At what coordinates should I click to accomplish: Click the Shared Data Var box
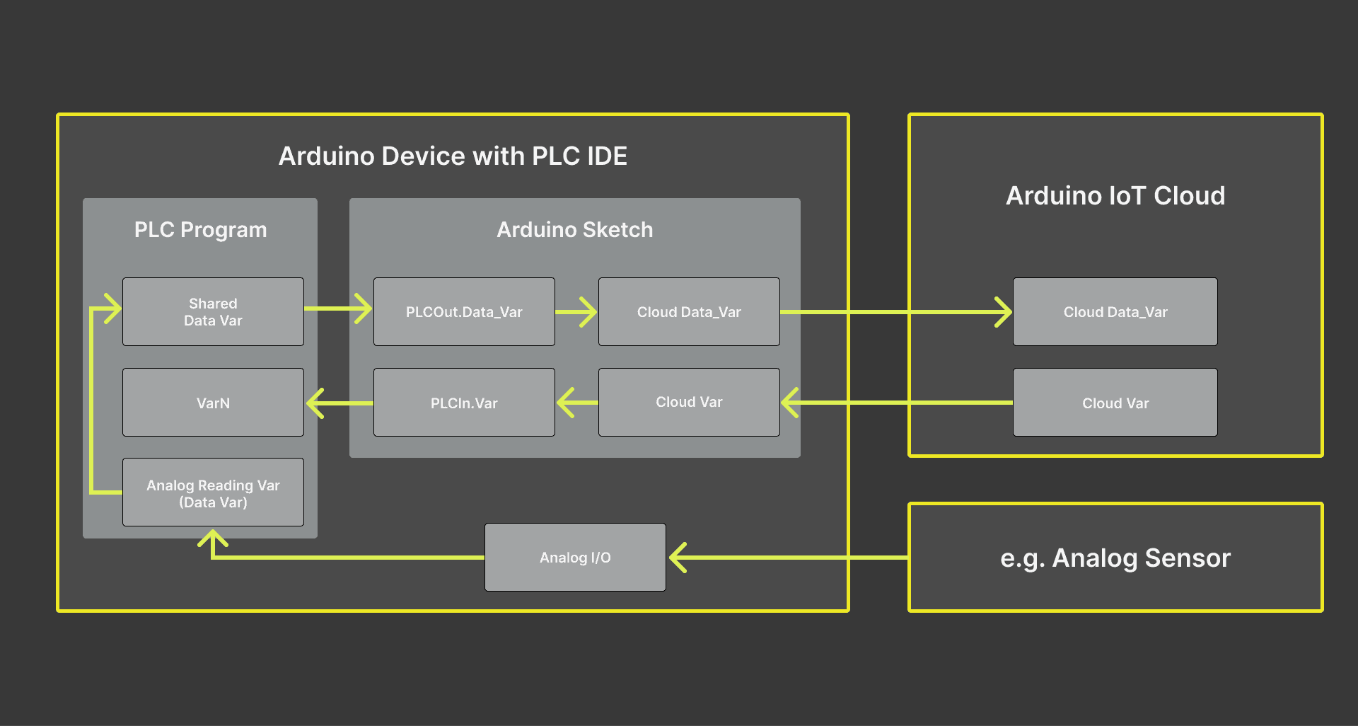(213, 312)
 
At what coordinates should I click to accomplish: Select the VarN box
(213, 403)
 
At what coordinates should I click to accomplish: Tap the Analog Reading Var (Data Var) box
(213, 492)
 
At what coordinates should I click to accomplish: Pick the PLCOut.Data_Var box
(464, 312)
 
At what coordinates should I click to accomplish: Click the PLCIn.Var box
(464, 403)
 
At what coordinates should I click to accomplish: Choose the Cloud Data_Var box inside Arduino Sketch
(689, 312)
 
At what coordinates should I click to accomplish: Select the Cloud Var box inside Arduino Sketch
(689, 402)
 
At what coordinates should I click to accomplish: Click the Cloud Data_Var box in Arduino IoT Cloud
(1115, 312)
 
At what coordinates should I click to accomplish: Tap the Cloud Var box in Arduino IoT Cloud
(1115, 403)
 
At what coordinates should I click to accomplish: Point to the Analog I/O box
(575, 558)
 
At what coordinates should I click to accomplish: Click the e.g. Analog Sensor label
(1115, 558)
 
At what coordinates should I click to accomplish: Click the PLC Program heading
(200, 230)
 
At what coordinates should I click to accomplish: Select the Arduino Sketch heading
(574, 230)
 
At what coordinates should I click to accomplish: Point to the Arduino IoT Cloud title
(1115, 196)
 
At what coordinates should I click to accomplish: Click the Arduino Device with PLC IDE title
(453, 156)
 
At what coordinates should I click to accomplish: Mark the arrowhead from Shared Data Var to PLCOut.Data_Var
(364, 309)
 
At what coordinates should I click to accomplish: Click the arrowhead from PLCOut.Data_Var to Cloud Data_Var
(588, 312)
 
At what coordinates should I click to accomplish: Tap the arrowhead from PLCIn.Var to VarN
(315, 403)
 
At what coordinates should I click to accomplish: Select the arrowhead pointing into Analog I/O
(678, 558)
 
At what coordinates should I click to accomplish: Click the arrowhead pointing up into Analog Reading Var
(213, 539)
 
